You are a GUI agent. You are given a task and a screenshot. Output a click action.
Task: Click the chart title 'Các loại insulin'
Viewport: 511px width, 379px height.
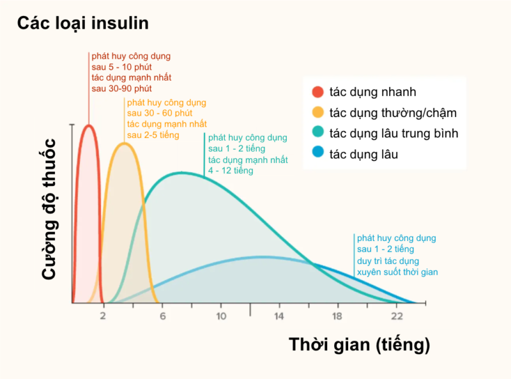point(82,24)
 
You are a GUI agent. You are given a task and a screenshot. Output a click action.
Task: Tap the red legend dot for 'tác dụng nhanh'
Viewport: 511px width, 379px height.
point(317,92)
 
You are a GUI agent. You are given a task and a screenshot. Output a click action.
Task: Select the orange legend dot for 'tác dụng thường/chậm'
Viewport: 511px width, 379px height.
point(317,112)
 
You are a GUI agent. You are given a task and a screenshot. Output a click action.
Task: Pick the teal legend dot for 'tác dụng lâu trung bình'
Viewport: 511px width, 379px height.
point(317,133)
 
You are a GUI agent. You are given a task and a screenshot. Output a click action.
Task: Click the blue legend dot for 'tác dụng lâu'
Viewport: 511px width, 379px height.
point(317,153)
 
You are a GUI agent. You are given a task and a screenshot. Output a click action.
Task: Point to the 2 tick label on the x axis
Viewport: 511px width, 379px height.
point(102,316)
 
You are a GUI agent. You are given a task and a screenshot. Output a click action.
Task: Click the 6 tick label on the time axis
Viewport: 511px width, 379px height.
point(162,316)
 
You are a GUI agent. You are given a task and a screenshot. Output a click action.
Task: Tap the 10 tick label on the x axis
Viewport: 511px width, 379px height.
point(221,316)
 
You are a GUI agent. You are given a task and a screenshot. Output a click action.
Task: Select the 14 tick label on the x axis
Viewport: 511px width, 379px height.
point(279,316)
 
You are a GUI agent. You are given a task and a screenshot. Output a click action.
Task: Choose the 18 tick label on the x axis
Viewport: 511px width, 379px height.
point(338,316)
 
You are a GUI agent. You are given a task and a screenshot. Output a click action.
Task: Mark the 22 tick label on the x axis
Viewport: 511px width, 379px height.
point(397,316)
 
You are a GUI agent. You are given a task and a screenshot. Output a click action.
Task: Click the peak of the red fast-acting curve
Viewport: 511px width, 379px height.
point(89,125)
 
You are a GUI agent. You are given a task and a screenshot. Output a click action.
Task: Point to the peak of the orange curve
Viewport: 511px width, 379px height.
point(125,143)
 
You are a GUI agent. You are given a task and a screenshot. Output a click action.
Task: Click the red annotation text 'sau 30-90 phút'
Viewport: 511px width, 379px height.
point(121,88)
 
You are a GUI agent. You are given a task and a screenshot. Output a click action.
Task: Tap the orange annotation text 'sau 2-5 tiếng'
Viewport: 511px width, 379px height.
point(153,135)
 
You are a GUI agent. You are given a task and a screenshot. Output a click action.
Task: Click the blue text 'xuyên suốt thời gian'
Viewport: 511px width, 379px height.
point(397,272)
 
